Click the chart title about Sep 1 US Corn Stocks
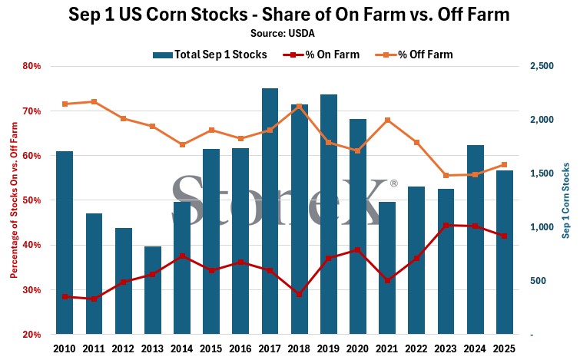(290, 15)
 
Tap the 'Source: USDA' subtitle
(290, 33)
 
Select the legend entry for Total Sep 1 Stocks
(212, 54)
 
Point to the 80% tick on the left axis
(31, 66)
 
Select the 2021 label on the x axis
(387, 348)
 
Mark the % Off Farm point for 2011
(94, 101)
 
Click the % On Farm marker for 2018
(299, 295)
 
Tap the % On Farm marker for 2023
(446, 225)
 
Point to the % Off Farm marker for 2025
(504, 164)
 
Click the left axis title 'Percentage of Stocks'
(14, 200)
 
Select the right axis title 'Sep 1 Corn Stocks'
(567, 200)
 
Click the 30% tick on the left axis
(31, 290)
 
